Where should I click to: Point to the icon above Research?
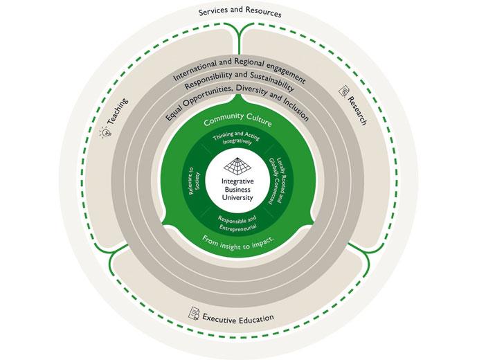click(x=344, y=91)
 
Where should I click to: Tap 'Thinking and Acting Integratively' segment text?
click(x=238, y=139)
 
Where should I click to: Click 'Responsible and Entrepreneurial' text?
click(x=237, y=222)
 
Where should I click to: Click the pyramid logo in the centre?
click(x=237, y=165)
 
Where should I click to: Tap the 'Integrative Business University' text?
click(x=237, y=189)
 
